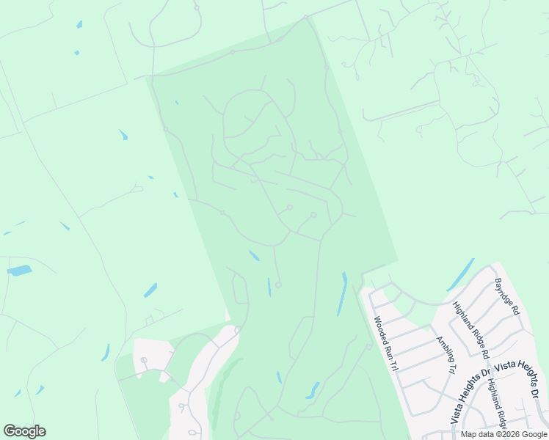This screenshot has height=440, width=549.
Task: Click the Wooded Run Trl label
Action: [x=385, y=343]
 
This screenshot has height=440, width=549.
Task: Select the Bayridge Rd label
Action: [x=507, y=296]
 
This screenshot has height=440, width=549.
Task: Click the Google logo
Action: [x=24, y=431]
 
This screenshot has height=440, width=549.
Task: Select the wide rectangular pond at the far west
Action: [x=20, y=271]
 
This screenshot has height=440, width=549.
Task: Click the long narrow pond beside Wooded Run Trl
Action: [x=342, y=293]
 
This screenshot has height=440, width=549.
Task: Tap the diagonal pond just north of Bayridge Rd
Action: [x=459, y=275]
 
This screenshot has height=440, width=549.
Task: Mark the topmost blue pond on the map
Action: [x=79, y=24]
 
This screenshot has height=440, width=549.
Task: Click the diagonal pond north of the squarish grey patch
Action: [x=150, y=290]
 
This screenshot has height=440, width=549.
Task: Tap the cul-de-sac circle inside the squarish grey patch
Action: [x=144, y=360]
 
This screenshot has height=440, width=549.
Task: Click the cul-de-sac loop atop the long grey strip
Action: [x=237, y=330]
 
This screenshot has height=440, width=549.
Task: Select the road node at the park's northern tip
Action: [x=306, y=18]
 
